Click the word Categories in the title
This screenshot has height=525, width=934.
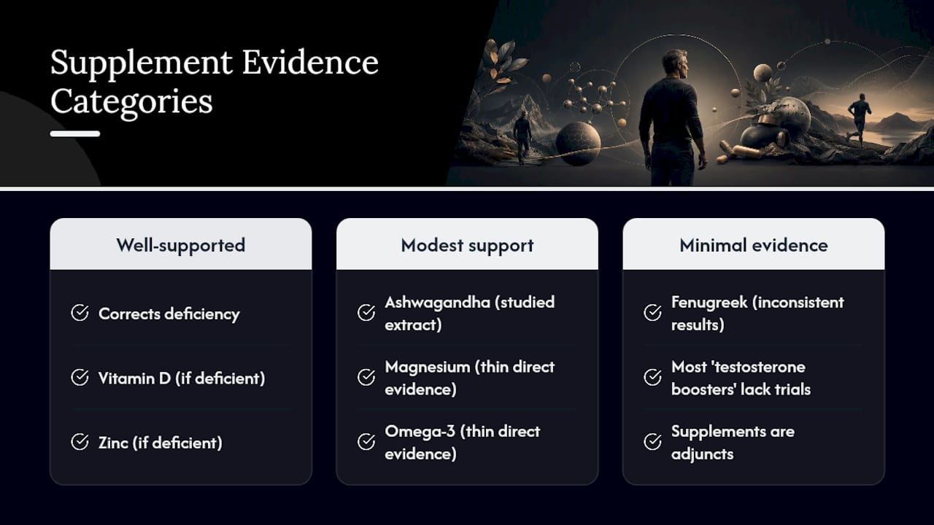(x=131, y=102)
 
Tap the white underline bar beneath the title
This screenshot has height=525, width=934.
(x=75, y=133)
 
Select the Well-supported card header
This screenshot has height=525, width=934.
(x=180, y=244)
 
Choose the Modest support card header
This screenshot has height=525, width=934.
(x=467, y=244)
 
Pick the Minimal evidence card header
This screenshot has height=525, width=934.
(x=754, y=244)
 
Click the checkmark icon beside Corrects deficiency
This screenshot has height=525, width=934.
(x=80, y=313)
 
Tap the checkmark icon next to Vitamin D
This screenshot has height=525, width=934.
(x=80, y=378)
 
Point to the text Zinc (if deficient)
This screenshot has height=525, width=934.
(x=160, y=443)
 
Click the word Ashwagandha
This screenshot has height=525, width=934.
(x=437, y=303)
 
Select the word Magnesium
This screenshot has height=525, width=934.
(x=427, y=367)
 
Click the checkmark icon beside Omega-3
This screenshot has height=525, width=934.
(x=366, y=442)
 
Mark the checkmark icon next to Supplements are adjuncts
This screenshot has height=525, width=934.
(x=652, y=442)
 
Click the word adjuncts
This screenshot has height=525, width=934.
(x=702, y=454)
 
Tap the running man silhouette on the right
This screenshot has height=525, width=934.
(x=859, y=119)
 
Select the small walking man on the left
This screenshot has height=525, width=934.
(x=522, y=136)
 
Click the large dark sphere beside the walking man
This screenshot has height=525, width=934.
(x=579, y=144)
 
